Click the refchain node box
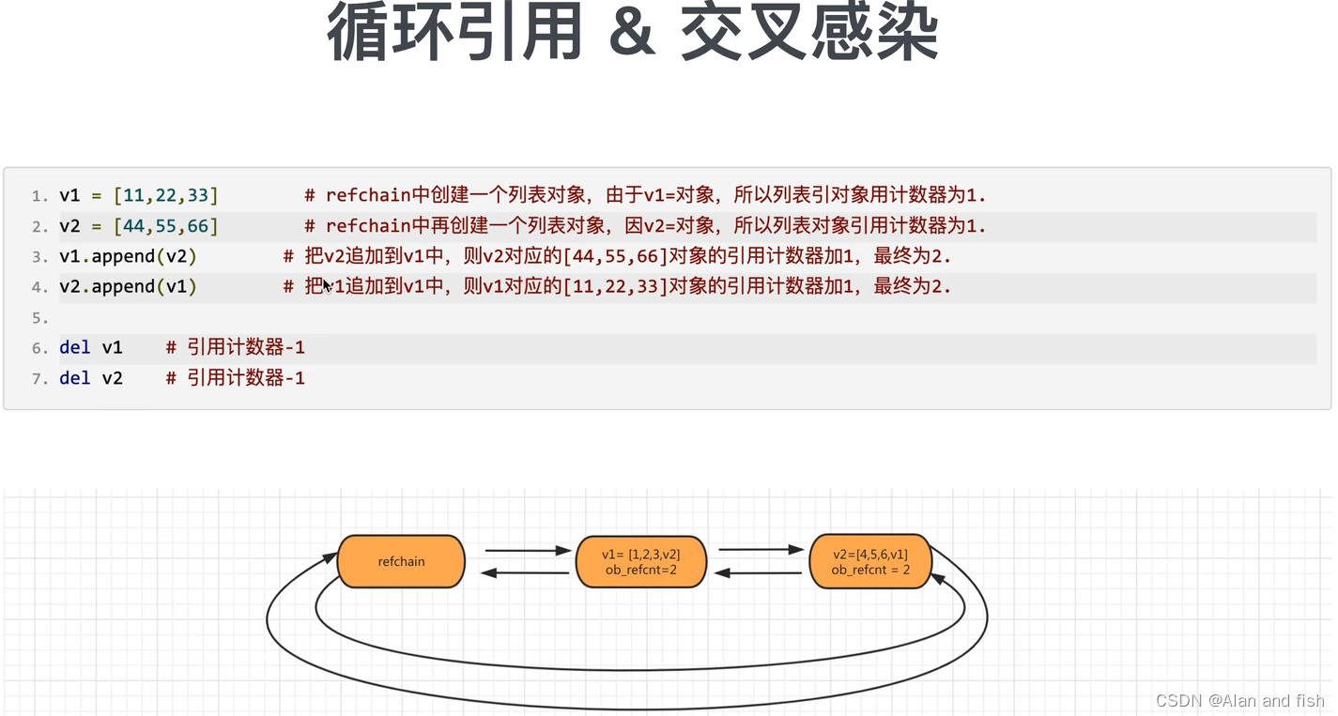(401, 561)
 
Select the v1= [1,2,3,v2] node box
(640, 561)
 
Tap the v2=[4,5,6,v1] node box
(870, 561)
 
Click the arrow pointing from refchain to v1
(528, 551)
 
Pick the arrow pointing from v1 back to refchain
(526, 572)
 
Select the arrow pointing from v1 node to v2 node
(761, 550)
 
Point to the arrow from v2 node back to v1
(759, 572)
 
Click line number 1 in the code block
(39, 196)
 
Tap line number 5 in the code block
(39, 318)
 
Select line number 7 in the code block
(39, 379)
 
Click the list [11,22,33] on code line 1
(165, 195)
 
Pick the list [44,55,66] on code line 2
(165, 226)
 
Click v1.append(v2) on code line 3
(128, 256)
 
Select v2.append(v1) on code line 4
(128, 286)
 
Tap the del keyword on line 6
(75, 347)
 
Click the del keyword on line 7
(75, 378)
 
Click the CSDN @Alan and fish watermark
(1239, 701)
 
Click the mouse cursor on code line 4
(327, 286)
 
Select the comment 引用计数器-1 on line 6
(245, 347)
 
